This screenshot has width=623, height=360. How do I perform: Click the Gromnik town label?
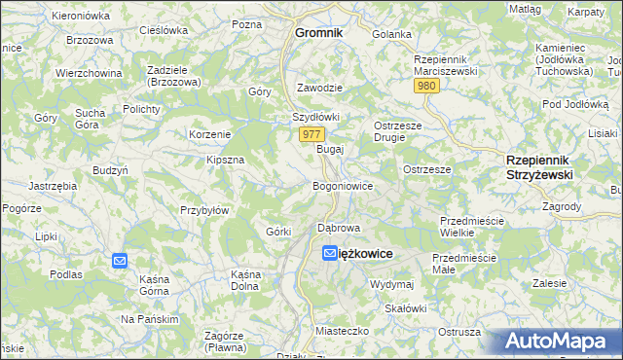[318, 32]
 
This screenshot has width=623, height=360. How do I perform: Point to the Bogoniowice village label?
[342, 185]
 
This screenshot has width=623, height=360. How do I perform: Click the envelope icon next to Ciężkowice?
[330, 253]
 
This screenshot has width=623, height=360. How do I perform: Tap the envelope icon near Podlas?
[120, 261]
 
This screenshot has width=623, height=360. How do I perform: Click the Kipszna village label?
[225, 159]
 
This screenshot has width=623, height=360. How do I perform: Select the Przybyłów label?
[204, 209]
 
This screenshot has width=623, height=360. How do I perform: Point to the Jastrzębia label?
[53, 185]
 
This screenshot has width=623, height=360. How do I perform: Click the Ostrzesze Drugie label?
[403, 131]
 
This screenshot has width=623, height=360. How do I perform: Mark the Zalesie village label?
[550, 283]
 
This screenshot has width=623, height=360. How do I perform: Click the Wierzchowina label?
[89, 73]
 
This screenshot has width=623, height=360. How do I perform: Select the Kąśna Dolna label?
[244, 281]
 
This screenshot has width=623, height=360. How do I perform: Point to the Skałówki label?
[406, 308]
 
